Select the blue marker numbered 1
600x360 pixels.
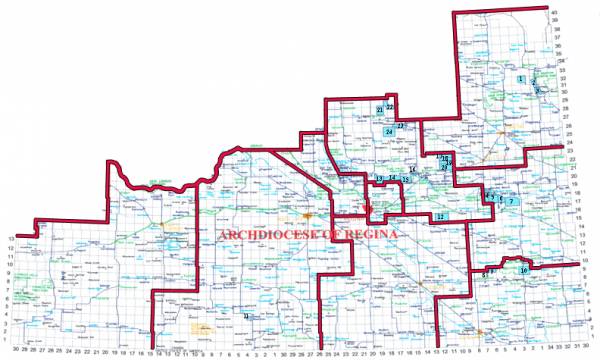522,79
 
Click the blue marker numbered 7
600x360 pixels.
511,201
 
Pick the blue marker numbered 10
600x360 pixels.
523,270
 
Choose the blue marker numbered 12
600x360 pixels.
440,216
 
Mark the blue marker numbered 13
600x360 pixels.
380,179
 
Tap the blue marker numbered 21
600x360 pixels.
380,109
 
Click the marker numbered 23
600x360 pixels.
400,126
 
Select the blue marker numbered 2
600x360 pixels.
534,81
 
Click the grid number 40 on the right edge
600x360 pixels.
582,11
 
